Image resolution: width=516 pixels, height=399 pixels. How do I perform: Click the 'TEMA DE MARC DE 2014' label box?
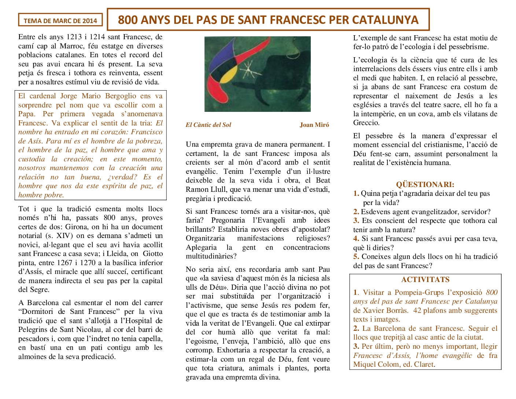60,21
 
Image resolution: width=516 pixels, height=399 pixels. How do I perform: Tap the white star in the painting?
247,69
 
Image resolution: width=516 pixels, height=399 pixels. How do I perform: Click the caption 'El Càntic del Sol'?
208,125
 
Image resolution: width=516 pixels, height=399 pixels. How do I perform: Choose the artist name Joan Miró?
314,125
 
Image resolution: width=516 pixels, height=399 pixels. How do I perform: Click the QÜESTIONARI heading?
425,184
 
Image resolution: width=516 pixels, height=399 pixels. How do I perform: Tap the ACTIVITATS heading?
425,279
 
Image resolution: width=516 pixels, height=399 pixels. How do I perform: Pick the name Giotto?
153,253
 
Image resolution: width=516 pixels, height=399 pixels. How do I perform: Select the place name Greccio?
366,122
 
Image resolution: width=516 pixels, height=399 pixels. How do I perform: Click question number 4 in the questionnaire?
356,239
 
